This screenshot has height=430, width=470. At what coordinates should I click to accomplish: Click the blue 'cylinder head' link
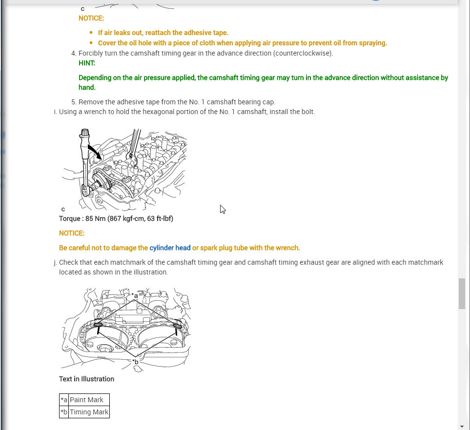click(x=170, y=248)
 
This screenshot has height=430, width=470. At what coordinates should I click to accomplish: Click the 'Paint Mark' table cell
click(x=86, y=400)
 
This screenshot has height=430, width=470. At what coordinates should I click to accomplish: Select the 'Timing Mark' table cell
click(x=89, y=412)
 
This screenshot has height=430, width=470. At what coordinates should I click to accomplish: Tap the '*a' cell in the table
click(x=64, y=400)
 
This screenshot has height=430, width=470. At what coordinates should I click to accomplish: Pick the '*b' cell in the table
click(x=64, y=412)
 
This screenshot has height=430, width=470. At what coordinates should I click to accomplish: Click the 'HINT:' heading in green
click(x=87, y=63)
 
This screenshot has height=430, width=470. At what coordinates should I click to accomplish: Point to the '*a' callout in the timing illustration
click(x=135, y=296)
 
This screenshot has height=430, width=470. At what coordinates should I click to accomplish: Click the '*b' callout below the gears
click(x=136, y=362)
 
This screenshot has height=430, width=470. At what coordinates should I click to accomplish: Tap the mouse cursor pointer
click(x=222, y=209)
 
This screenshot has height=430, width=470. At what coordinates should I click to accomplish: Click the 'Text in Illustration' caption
click(x=86, y=379)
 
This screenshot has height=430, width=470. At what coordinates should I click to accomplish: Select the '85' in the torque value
click(x=89, y=218)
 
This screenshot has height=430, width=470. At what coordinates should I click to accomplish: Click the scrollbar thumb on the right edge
click(x=462, y=293)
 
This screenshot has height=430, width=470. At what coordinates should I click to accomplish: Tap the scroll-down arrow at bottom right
click(x=462, y=426)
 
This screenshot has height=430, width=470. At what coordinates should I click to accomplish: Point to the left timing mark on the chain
click(x=98, y=325)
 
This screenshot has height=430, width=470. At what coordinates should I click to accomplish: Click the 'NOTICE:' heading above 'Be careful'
click(x=72, y=233)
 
